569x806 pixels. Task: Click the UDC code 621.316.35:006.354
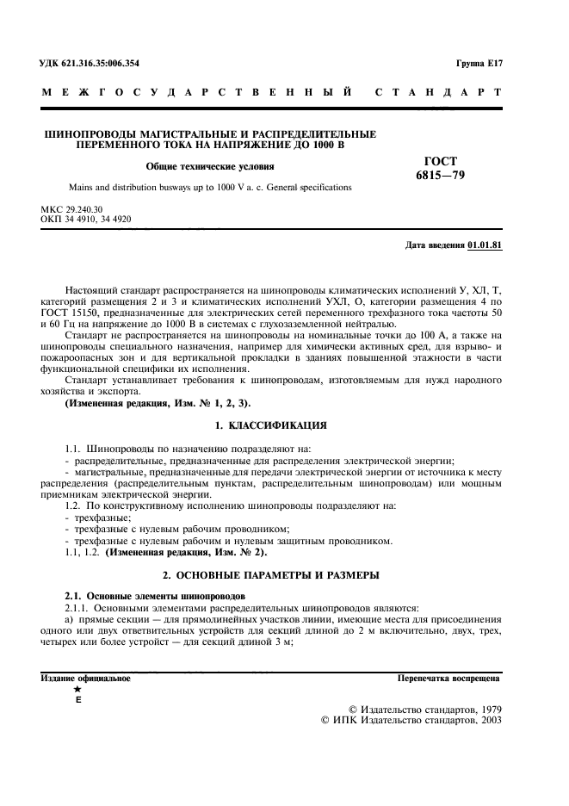click(90, 63)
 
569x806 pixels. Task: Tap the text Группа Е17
click(479, 63)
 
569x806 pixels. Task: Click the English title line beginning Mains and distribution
click(210, 187)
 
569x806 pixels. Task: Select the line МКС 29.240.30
click(71, 209)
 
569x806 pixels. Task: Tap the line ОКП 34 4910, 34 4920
click(86, 219)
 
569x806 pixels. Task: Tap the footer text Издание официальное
click(86, 678)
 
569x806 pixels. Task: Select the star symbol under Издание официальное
click(78, 690)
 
